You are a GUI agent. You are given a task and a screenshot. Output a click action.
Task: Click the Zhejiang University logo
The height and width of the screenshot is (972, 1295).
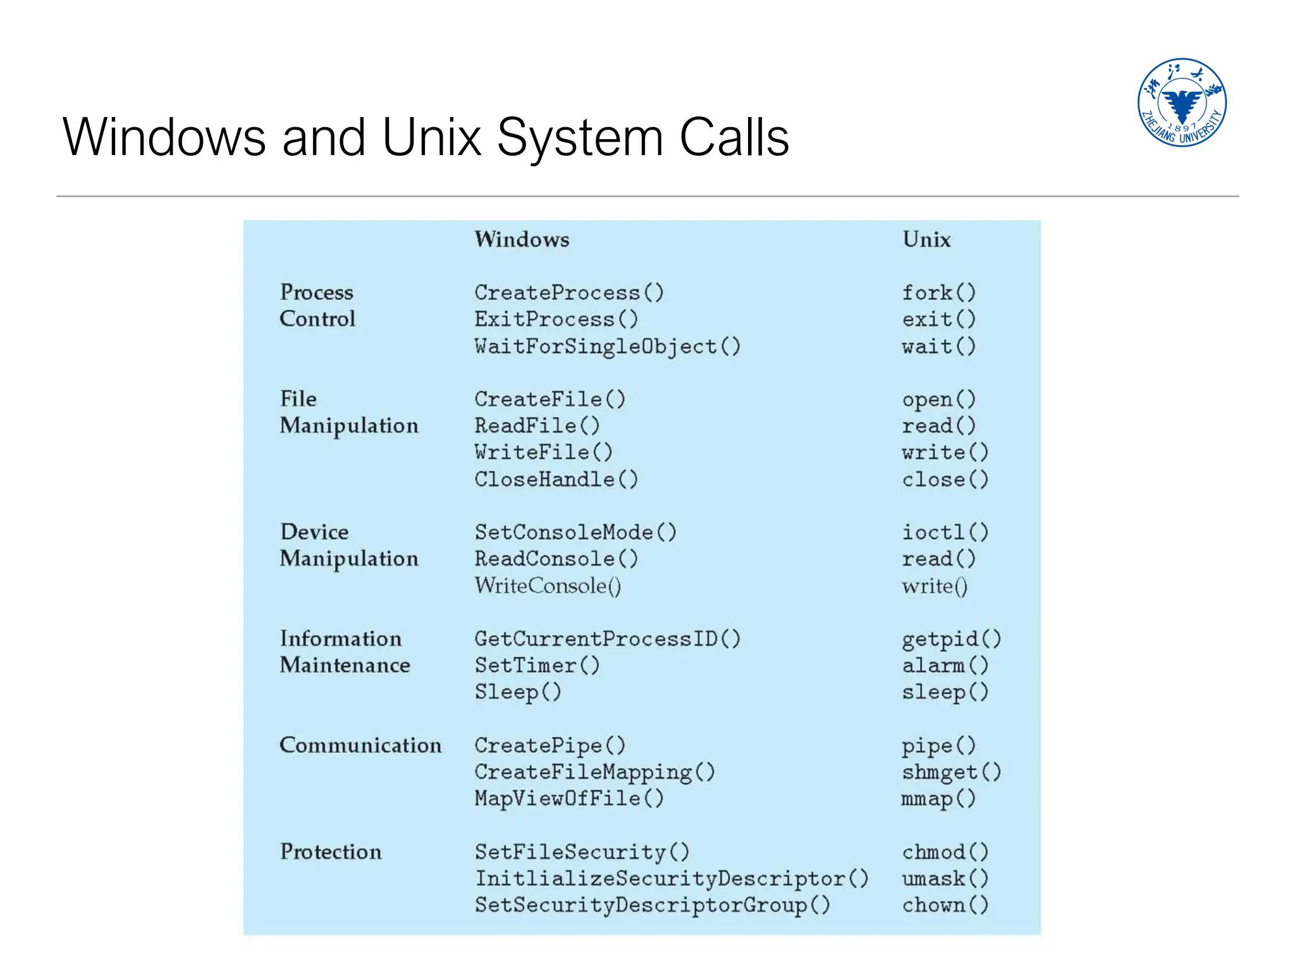pos(1181,103)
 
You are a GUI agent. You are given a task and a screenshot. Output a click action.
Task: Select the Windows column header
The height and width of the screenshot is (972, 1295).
pos(522,239)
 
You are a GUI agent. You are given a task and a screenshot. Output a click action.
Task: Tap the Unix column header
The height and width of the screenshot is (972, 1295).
pos(926,239)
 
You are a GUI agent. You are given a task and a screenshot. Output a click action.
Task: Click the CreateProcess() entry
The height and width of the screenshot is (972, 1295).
pos(569,292)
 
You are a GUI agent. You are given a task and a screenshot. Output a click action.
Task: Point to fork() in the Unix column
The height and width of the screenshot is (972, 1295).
pos(939,292)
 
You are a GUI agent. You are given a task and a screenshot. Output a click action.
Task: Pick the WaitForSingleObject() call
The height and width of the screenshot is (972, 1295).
pos(607,346)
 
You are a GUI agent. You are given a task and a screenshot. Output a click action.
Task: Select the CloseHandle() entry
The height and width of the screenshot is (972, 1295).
pos(556,479)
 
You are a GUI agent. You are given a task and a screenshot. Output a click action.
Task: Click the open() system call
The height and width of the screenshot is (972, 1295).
pos(939,399)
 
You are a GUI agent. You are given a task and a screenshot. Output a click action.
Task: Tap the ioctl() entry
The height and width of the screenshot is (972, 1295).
pos(945,532)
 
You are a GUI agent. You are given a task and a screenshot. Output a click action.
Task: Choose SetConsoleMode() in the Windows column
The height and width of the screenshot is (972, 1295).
pos(575,532)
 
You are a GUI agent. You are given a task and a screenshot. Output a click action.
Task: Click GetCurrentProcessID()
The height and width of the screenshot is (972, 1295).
pos(607,639)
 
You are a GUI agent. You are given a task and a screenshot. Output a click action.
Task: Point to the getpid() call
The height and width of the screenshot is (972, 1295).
pos(951,639)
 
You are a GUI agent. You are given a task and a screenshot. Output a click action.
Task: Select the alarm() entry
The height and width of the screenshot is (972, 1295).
pos(945,665)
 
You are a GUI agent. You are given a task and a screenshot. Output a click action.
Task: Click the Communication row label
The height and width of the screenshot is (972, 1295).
pos(360,745)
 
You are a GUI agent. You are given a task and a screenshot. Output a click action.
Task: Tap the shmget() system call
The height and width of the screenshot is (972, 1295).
pos(951,772)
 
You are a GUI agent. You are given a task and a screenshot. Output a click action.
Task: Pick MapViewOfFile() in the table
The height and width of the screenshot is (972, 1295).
pos(569,799)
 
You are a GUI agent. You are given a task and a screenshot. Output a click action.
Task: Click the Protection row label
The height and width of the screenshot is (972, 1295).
pos(331,852)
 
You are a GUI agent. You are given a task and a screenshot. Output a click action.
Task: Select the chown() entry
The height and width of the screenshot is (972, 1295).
pos(945,905)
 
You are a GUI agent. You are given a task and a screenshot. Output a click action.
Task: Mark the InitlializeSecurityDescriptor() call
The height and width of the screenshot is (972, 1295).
pos(672,878)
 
